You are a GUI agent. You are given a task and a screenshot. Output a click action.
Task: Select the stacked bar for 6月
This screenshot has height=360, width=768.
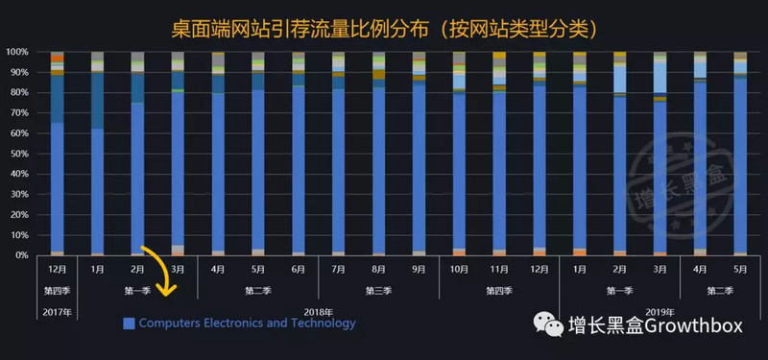point(299,154)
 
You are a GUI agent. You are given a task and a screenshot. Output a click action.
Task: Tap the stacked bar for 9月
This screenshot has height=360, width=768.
point(420,154)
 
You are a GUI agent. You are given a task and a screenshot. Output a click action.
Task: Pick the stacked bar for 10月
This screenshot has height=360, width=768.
point(459,154)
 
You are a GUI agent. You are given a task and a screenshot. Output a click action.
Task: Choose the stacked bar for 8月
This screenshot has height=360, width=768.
point(379,154)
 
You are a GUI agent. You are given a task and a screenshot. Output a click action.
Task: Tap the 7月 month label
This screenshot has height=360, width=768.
point(339,271)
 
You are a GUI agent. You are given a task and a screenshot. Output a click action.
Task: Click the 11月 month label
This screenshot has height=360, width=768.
point(499,271)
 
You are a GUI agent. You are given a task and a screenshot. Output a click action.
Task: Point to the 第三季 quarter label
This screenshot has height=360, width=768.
point(378,289)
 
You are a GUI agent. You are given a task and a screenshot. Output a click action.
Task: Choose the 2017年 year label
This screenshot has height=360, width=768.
point(57,310)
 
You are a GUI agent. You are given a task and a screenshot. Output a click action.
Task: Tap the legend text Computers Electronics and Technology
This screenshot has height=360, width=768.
point(247,324)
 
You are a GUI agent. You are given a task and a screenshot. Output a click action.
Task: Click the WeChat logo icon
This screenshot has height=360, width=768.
point(550,326)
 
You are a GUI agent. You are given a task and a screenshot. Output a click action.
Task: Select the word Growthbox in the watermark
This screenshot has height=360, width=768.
point(694,326)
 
